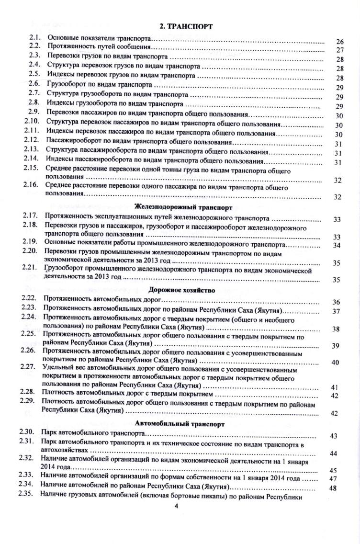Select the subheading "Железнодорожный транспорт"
pyautogui.click(x=184, y=207)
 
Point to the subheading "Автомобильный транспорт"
pyautogui.click(x=183, y=424)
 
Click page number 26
pyautogui.click(x=340, y=41)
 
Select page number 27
pyautogui.click(x=340, y=50)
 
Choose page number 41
pyautogui.click(x=335, y=387)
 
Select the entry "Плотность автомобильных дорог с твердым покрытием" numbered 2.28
pyautogui.click(x=126, y=394)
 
